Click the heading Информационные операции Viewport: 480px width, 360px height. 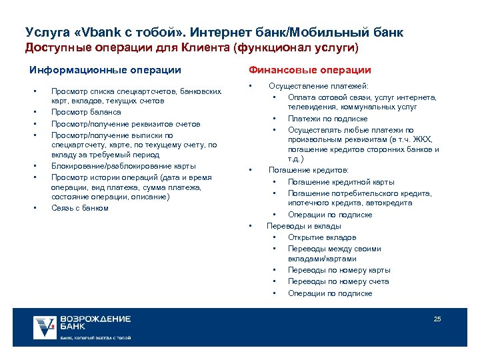(105, 70)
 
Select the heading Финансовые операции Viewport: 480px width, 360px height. (310, 70)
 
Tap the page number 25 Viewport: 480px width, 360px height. (437, 319)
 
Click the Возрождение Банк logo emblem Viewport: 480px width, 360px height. (45, 327)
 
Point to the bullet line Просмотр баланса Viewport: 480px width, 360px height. (86, 112)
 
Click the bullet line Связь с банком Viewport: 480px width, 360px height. (79, 208)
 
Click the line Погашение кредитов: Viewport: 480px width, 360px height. (309, 170)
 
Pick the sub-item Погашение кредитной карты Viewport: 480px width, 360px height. (341, 182)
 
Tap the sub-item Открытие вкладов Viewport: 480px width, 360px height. (322, 237)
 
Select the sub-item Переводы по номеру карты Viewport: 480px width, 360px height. (339, 270)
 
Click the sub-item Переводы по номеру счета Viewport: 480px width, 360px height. (338, 281)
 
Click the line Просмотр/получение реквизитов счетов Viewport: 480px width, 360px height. (125, 124)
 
